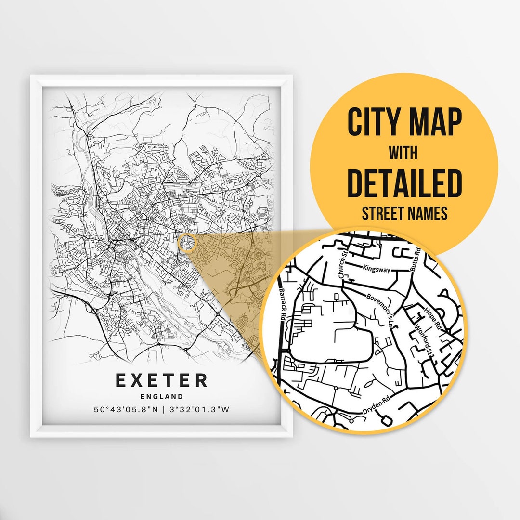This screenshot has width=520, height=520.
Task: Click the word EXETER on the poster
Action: (x=162, y=380)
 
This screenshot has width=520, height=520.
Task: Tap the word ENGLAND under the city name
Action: (x=162, y=397)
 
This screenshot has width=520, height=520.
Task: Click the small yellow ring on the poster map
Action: (x=186, y=243)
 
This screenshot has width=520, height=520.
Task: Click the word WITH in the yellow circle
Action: (x=403, y=153)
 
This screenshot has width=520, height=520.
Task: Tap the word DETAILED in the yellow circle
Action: (x=404, y=184)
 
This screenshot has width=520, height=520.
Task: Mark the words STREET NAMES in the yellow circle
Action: (x=404, y=213)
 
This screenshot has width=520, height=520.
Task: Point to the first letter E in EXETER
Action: (x=121, y=380)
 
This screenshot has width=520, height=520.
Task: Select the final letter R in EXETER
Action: (x=201, y=380)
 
